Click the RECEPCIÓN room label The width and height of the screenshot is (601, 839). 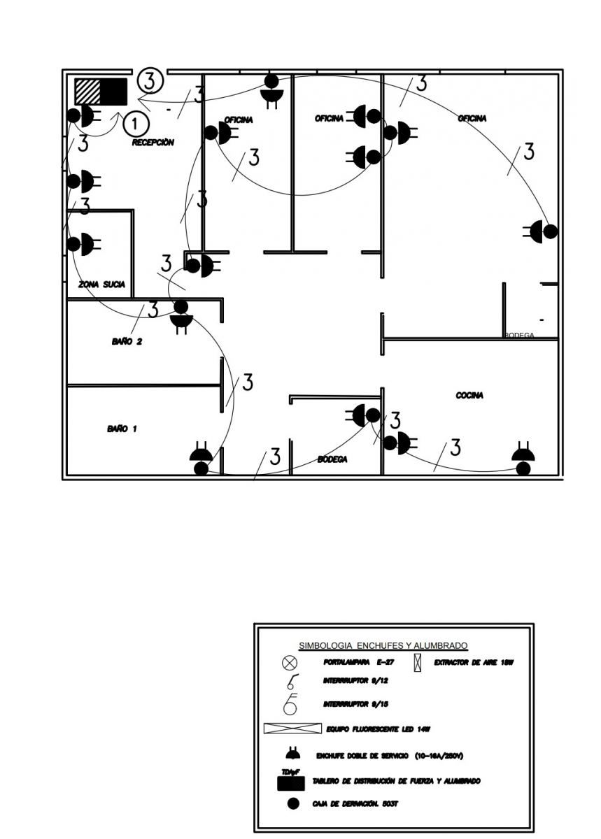click(x=153, y=143)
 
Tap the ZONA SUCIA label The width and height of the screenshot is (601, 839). click(x=102, y=285)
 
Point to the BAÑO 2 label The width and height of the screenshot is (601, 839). click(x=127, y=342)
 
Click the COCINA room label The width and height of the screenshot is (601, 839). click(x=469, y=396)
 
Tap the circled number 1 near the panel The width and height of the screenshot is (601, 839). click(x=136, y=124)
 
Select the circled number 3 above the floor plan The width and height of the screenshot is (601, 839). click(x=150, y=80)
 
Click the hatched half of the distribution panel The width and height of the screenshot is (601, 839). click(x=88, y=91)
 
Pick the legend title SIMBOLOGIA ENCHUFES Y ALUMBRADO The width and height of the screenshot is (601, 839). click(x=383, y=645)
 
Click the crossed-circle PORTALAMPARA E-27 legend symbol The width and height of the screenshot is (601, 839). click(x=290, y=662)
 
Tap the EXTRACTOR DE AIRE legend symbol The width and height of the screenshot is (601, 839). click(x=418, y=661)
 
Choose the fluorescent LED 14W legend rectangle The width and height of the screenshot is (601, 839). click(x=292, y=729)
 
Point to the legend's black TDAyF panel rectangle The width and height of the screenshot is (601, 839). click(x=291, y=784)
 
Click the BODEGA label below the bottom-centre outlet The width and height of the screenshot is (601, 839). click(x=332, y=459)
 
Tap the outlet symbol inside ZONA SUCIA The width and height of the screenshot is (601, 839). click(x=82, y=244)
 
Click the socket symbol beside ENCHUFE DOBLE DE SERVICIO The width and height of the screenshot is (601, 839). click(x=292, y=754)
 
